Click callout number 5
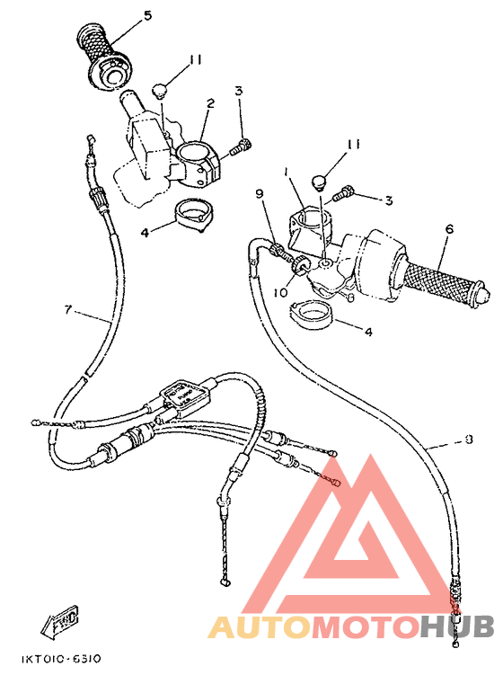(x=147, y=15)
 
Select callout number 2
(x=209, y=104)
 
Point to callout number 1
(x=285, y=171)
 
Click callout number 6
(x=448, y=229)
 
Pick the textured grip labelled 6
(x=440, y=281)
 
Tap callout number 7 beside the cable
(x=66, y=311)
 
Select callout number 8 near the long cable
(x=468, y=440)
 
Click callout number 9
(x=260, y=193)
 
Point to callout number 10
(x=280, y=292)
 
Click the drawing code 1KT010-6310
(x=61, y=659)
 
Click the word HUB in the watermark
(x=454, y=626)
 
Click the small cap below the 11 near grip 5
(x=160, y=90)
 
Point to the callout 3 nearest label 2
(x=240, y=91)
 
